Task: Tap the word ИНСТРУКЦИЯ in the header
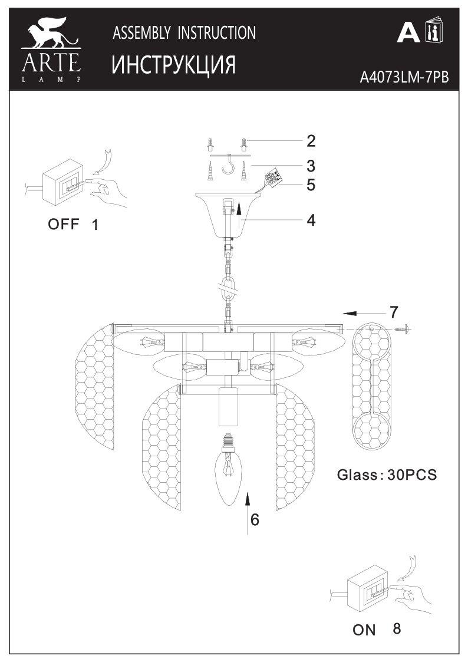pos(174,65)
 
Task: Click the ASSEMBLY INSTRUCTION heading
pos(184,33)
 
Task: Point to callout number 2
pos(311,141)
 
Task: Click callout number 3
pos(311,165)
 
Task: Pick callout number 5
pos(311,185)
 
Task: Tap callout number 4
pos(311,220)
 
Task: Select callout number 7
pos(394,311)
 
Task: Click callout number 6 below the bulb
pos(255,519)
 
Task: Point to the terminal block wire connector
pos(272,176)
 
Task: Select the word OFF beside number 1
pos(63,224)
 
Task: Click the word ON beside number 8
pos(364,630)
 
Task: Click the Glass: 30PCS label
pos(387,475)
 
